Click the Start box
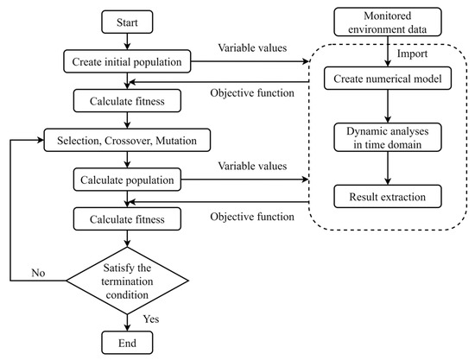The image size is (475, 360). click(x=127, y=22)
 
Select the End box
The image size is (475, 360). click(x=127, y=343)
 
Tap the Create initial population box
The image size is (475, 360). click(x=127, y=61)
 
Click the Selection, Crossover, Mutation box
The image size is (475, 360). click(x=127, y=140)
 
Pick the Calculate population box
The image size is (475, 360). click(x=127, y=180)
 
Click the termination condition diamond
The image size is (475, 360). click(x=127, y=281)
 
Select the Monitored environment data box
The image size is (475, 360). click(x=388, y=22)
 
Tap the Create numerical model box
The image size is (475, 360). click(x=388, y=79)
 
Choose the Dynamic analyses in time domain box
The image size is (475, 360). click(x=388, y=137)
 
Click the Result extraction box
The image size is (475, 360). click(x=388, y=197)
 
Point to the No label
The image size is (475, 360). click(x=38, y=273)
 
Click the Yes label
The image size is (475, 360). click(x=151, y=319)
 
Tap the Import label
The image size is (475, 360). click(x=412, y=54)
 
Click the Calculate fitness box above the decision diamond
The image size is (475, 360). click(x=127, y=219)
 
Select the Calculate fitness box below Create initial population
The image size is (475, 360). click(x=127, y=101)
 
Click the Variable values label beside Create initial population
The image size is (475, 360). click(x=252, y=47)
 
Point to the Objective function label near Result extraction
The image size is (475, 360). click(x=252, y=217)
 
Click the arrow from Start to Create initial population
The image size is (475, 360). click(x=127, y=41)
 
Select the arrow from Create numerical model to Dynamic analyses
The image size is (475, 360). click(x=388, y=106)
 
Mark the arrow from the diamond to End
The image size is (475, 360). click(x=127, y=323)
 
